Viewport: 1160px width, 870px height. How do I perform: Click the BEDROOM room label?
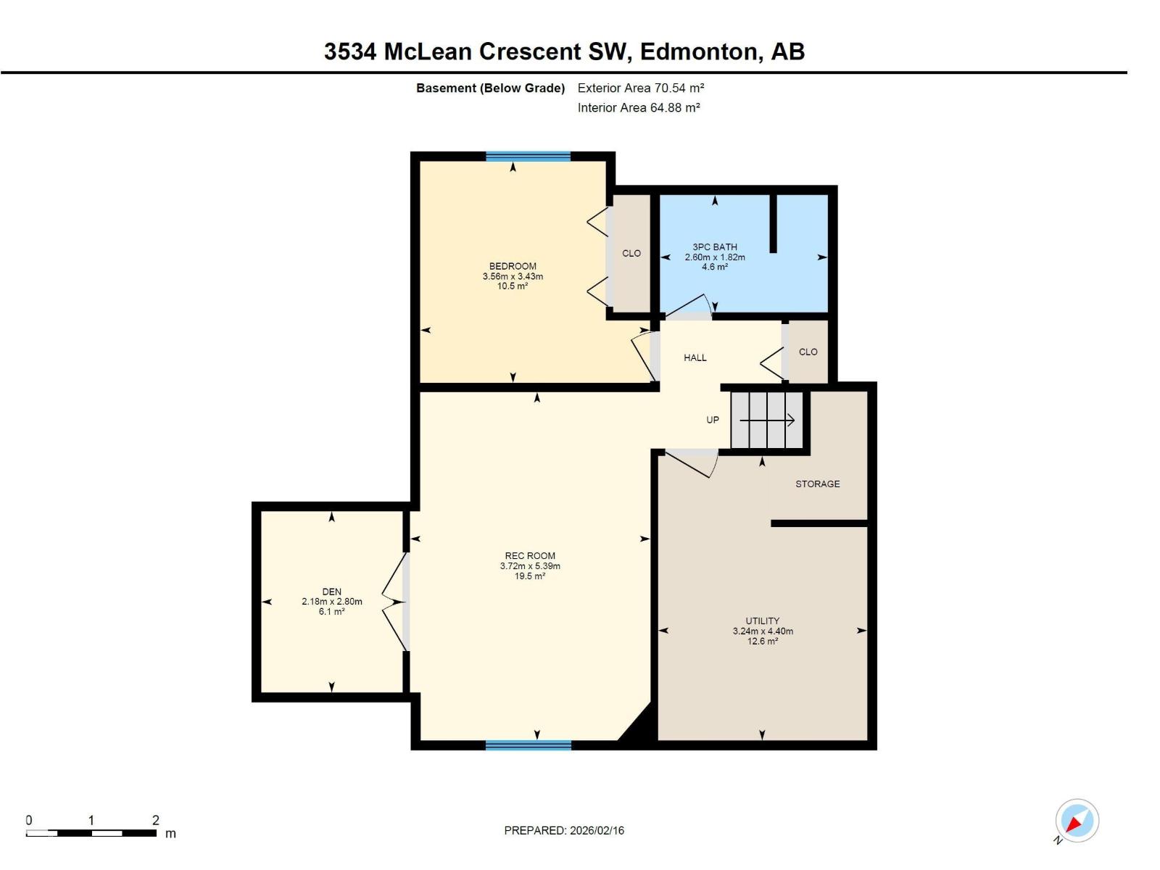click(x=513, y=266)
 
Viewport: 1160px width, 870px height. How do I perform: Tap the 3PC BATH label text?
click(x=714, y=247)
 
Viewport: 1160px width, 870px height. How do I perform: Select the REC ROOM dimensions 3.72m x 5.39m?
click(x=530, y=566)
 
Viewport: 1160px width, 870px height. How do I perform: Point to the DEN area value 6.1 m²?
click(x=331, y=612)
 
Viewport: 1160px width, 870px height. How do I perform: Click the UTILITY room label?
click(x=762, y=621)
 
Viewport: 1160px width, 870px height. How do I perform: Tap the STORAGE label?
click(x=817, y=484)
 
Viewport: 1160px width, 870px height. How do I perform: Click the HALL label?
click(x=695, y=358)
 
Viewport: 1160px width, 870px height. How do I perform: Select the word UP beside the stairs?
click(x=713, y=420)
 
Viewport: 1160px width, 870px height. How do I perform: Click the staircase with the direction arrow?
click(x=766, y=420)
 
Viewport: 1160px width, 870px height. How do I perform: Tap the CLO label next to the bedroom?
click(x=631, y=254)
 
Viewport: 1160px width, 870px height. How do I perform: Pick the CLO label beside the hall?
click(x=808, y=352)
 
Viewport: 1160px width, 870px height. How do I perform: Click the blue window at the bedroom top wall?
click(x=528, y=157)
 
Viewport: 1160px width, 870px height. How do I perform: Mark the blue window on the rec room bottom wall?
click(x=528, y=745)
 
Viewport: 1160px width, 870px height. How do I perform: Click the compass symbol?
click(x=1077, y=821)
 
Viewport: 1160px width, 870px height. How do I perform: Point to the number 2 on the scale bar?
click(x=155, y=820)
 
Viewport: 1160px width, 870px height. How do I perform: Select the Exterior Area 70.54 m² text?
click(x=641, y=88)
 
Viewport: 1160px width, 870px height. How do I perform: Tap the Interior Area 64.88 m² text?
click(x=638, y=108)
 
